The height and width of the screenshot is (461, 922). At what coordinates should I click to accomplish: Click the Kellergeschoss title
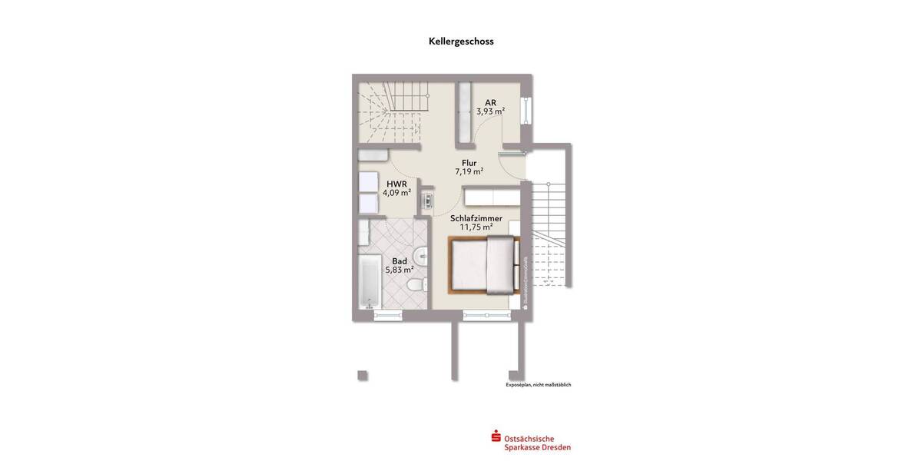(x=461, y=42)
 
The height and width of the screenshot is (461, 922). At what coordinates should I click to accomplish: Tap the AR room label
(x=490, y=101)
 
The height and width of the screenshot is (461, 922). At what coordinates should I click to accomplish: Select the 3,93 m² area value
(x=490, y=111)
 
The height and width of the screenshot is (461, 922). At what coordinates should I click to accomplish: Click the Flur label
(x=469, y=162)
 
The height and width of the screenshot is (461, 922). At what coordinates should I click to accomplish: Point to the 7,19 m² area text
(x=469, y=172)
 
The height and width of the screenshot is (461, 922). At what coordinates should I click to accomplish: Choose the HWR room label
(x=396, y=183)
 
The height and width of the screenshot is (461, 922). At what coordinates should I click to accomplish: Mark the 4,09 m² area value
(x=396, y=193)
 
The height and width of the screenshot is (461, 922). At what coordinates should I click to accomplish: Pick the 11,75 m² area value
(x=476, y=227)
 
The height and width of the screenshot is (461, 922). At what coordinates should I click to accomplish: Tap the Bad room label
(x=400, y=260)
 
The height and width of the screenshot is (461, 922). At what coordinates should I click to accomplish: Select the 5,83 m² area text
(x=400, y=270)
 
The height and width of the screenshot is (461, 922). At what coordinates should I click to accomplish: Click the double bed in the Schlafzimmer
(x=483, y=265)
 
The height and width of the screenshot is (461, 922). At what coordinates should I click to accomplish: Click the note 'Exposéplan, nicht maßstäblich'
(x=538, y=385)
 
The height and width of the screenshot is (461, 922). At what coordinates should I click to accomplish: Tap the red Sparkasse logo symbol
(x=496, y=437)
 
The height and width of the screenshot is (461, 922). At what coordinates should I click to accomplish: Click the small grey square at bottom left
(x=363, y=375)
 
